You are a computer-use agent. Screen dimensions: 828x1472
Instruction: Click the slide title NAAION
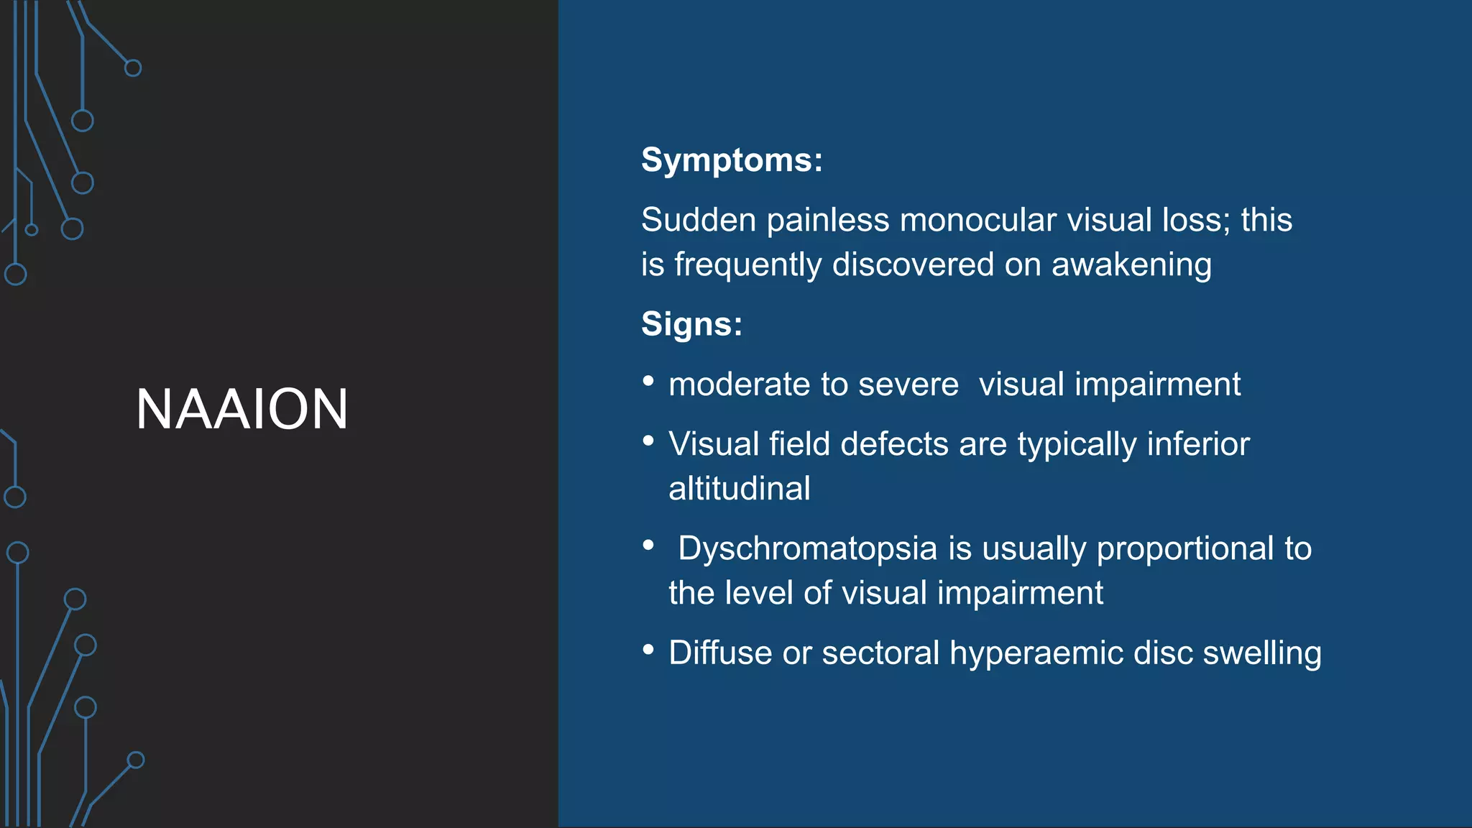(x=241, y=409)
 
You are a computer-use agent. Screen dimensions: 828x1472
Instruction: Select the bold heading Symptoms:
(x=732, y=160)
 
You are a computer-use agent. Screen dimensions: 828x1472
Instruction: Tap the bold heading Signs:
(x=691, y=324)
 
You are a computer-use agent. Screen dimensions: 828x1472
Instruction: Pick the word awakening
(x=1131, y=265)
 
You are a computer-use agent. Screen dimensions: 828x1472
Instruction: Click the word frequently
(x=747, y=265)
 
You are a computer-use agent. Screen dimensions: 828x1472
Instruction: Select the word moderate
(x=740, y=385)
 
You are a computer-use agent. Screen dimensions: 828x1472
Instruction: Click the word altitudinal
(x=740, y=489)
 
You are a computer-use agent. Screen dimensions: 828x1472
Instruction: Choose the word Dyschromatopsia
(x=808, y=549)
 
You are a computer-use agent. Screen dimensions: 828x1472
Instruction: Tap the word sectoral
(x=880, y=653)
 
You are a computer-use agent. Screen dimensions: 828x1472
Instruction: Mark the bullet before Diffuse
(x=648, y=650)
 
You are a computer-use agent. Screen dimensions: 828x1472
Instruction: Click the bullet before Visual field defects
(x=648, y=441)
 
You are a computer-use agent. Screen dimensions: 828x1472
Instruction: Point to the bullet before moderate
(x=648, y=381)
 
